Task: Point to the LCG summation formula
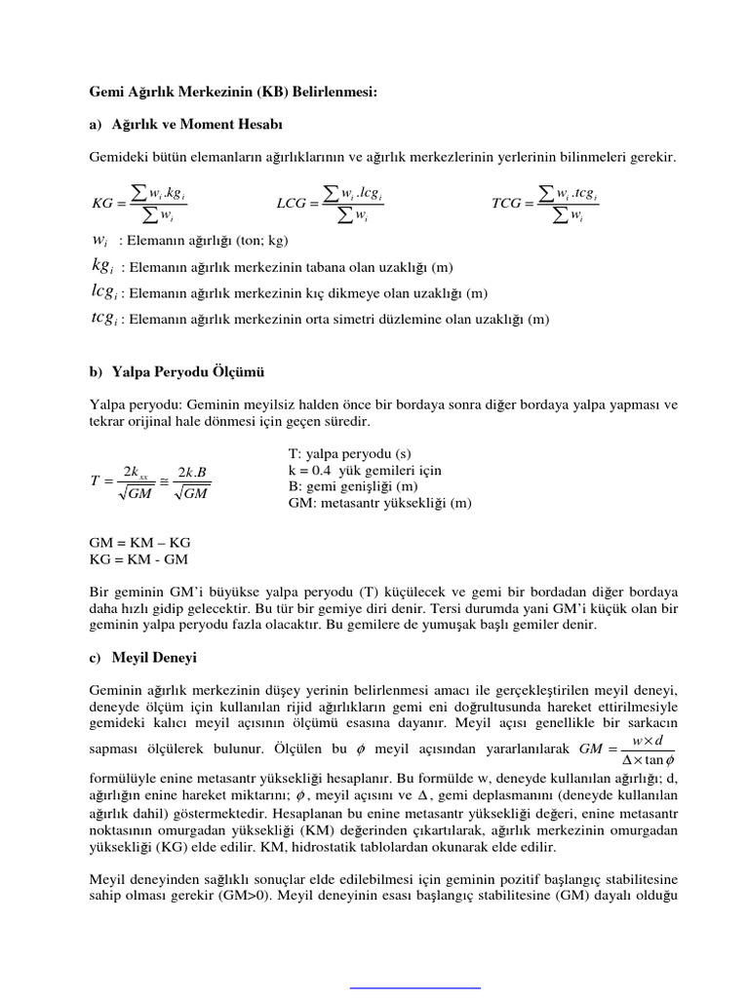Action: coord(331,204)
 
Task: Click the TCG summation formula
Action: coord(546,204)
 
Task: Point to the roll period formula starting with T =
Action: coord(150,480)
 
